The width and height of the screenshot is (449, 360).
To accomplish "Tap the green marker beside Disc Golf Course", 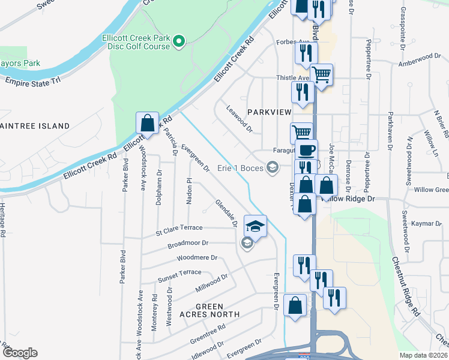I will click(178, 41).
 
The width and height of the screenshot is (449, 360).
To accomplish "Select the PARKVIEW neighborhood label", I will click(269, 112).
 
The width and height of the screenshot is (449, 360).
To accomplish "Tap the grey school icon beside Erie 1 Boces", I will click(273, 168).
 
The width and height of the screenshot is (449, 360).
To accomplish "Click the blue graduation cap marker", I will click(255, 226).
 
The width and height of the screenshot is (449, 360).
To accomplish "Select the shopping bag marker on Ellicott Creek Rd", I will click(147, 123).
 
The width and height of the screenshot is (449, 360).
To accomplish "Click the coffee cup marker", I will click(306, 149).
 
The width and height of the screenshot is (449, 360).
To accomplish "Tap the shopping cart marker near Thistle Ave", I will click(322, 74).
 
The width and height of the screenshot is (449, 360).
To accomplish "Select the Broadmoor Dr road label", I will click(188, 244).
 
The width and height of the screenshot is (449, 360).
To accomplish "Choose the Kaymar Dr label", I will click(426, 223).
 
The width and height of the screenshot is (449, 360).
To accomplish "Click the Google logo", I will click(20, 353).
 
